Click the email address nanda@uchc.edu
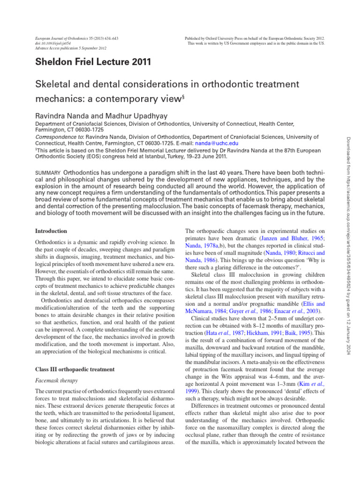tap(217, 143)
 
